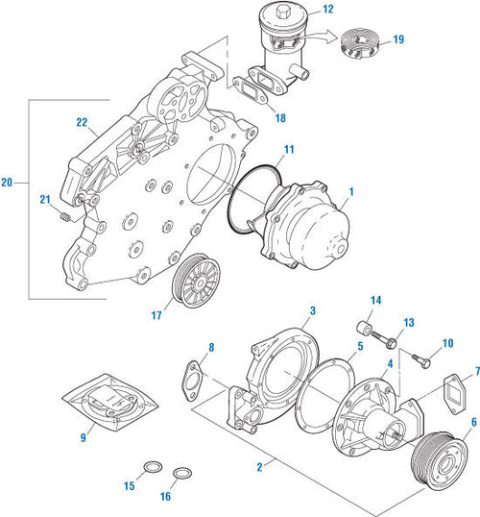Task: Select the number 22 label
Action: (82, 121)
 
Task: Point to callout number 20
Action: (9, 181)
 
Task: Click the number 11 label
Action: (289, 151)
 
